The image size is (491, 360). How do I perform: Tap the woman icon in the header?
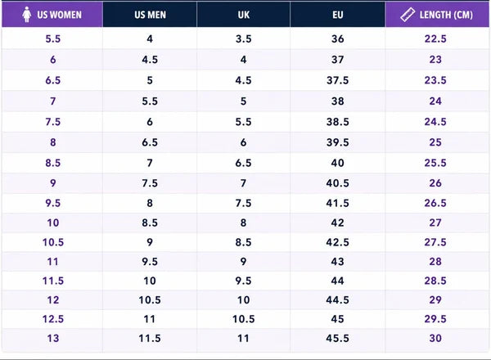click(27, 15)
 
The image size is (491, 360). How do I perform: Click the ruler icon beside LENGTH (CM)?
click(408, 15)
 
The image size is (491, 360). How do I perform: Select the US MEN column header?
click(150, 15)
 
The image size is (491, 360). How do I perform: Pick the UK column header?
click(244, 15)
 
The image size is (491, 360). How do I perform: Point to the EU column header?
click(337, 15)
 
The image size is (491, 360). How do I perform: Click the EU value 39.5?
click(337, 142)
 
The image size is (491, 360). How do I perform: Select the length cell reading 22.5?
click(435, 38)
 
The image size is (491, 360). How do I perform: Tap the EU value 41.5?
click(337, 203)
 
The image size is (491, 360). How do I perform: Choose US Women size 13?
click(53, 339)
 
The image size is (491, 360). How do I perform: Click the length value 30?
click(435, 339)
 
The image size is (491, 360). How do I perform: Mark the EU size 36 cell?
click(337, 38)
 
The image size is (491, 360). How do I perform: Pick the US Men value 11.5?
click(150, 339)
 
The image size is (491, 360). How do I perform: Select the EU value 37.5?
click(337, 80)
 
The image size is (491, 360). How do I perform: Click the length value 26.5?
click(435, 203)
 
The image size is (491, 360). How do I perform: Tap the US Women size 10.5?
click(53, 242)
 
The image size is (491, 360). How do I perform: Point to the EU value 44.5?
click(337, 300)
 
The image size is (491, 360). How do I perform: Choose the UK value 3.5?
click(244, 38)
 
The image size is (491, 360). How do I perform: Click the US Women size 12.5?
click(53, 319)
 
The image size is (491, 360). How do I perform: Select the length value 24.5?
click(435, 122)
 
